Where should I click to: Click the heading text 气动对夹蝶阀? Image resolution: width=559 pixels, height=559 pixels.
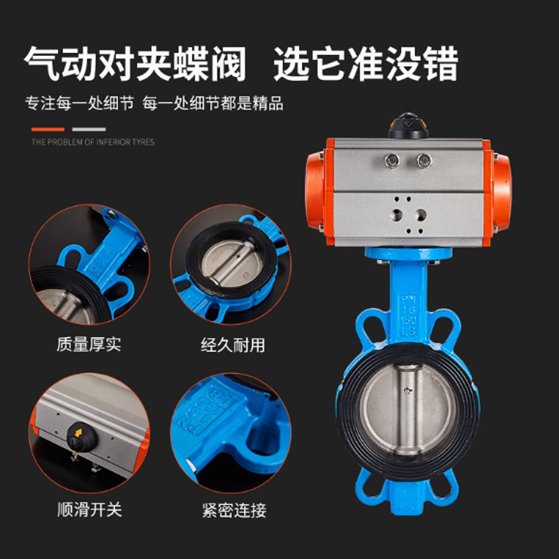pyautogui.click(x=135, y=64)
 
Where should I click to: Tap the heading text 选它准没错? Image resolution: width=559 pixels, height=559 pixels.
pyautogui.click(x=365, y=64)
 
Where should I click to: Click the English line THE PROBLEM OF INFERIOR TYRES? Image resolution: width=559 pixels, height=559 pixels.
pyautogui.click(x=93, y=143)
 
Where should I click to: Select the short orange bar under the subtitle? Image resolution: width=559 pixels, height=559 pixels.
pyautogui.click(x=48, y=129)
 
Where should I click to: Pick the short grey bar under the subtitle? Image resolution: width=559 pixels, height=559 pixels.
pyautogui.click(x=89, y=129)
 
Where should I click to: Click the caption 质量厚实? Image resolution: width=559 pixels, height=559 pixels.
pyautogui.click(x=89, y=344)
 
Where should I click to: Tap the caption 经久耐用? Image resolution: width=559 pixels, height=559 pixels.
pyautogui.click(x=233, y=345)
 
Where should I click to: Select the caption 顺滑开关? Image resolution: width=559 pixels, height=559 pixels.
pyautogui.click(x=90, y=509)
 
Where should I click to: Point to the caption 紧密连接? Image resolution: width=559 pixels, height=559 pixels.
pyautogui.click(x=234, y=510)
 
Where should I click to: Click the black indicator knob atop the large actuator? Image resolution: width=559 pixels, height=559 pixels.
pyautogui.click(x=408, y=126)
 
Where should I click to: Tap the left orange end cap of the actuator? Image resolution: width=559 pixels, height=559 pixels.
pyautogui.click(x=315, y=191)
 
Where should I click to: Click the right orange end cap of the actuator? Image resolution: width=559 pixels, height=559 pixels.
pyautogui.click(x=502, y=191)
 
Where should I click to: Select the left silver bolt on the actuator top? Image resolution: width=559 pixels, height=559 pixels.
pyautogui.click(x=392, y=161)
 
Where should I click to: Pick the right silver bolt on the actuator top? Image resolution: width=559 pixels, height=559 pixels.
pyautogui.click(x=424, y=161)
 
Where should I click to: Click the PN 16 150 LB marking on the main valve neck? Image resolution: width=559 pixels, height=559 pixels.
pyautogui.click(x=407, y=316)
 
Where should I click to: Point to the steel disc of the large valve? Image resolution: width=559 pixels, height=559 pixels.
pyautogui.click(x=408, y=410)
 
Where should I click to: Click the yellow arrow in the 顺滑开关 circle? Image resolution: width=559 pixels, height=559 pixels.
pyautogui.click(x=78, y=433)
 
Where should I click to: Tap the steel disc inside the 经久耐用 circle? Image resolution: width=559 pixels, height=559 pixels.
pyautogui.click(x=231, y=262)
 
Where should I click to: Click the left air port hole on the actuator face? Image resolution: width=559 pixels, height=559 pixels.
pyautogui.click(x=396, y=215)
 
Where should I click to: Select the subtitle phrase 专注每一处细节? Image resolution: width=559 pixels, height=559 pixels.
pyautogui.click(x=80, y=103)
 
